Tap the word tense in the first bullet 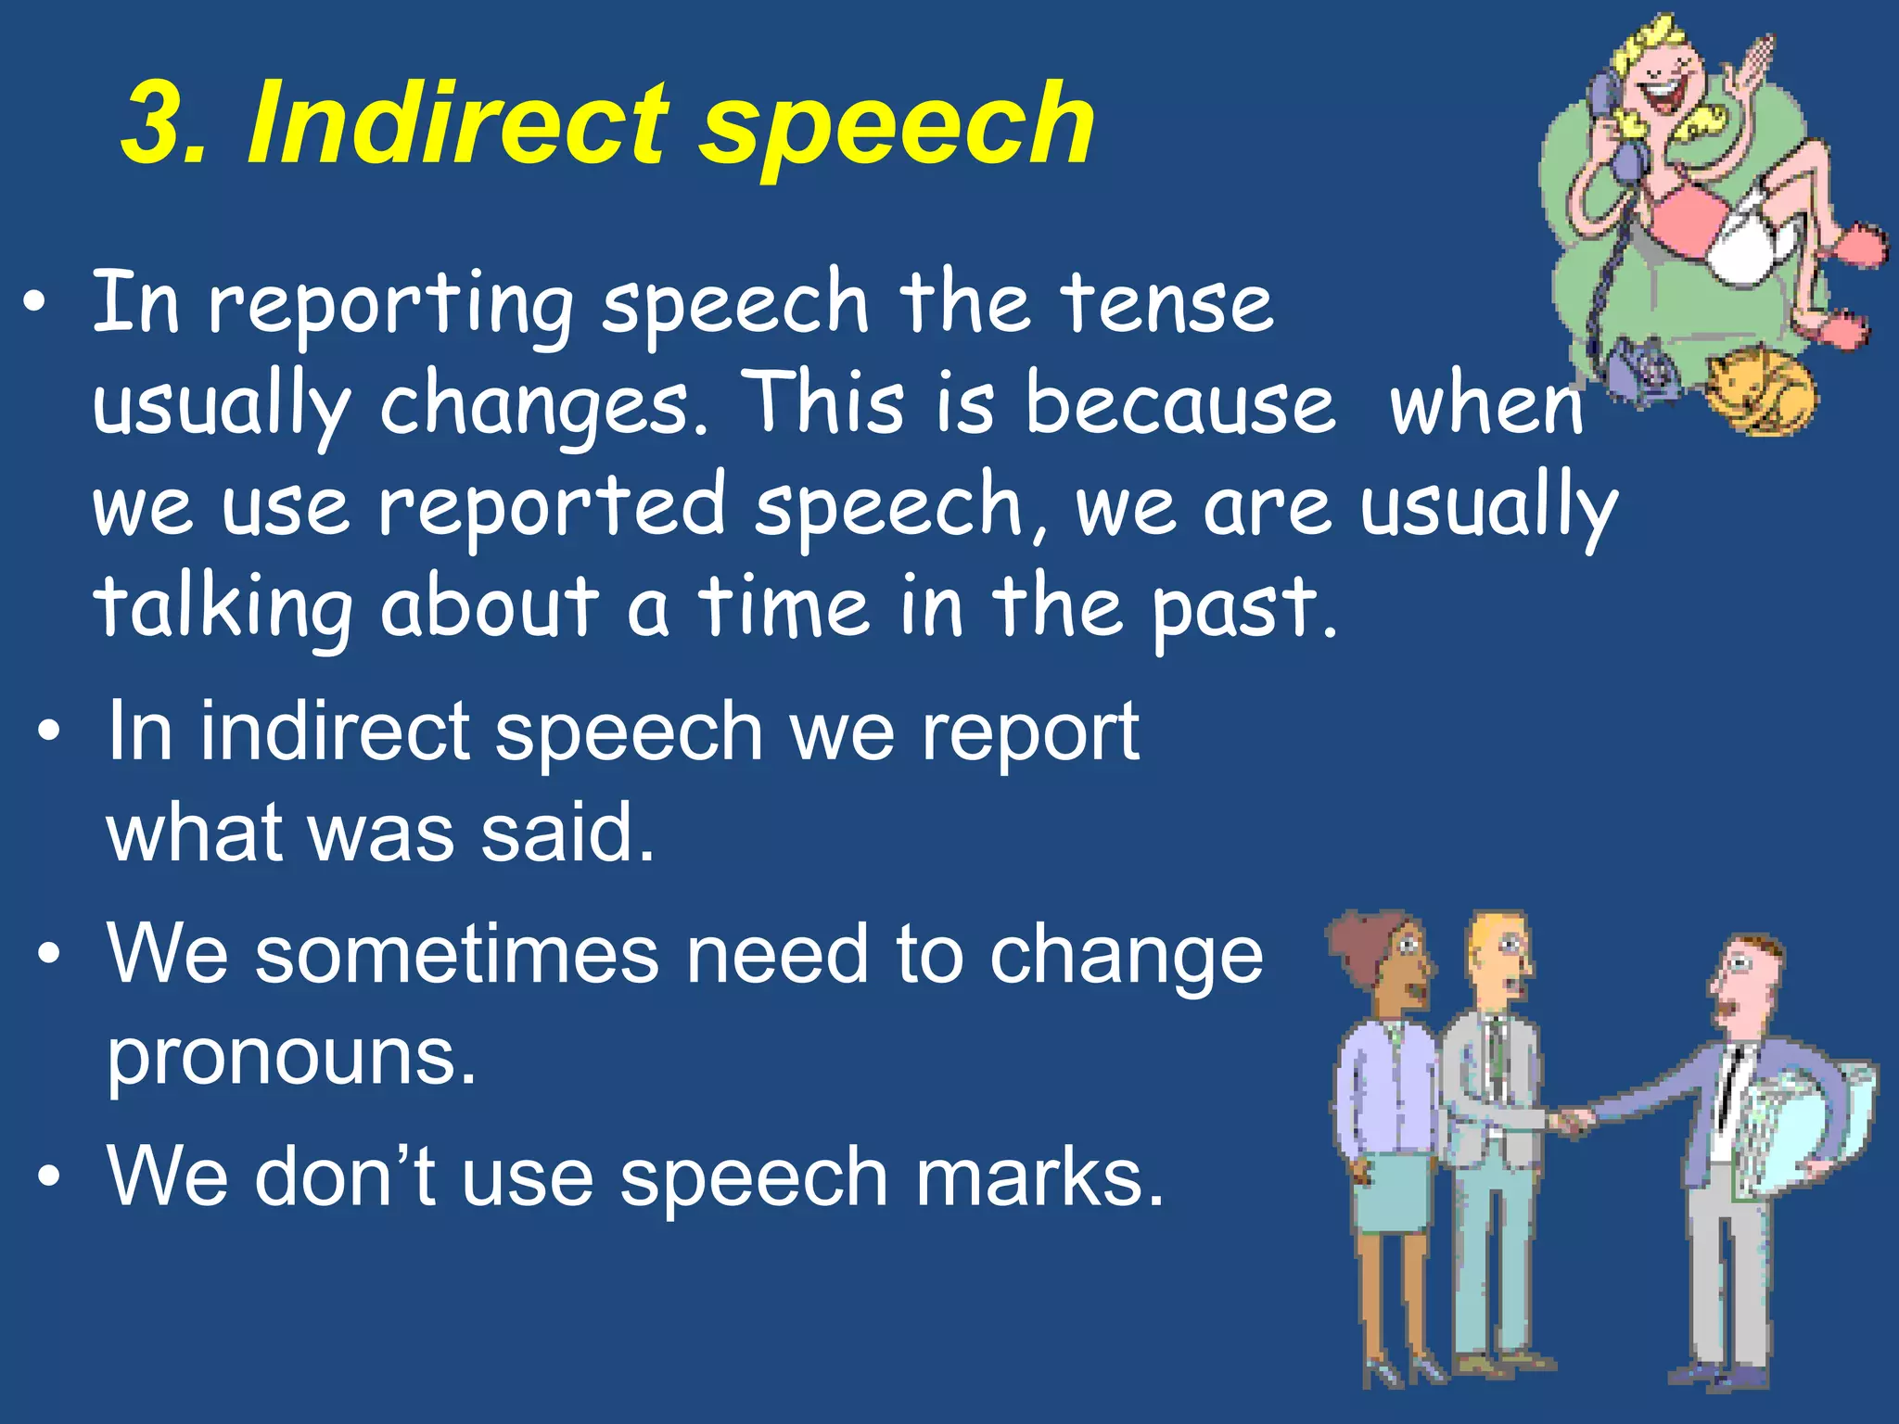(1167, 303)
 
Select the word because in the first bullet (1179, 405)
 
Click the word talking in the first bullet (223, 609)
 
